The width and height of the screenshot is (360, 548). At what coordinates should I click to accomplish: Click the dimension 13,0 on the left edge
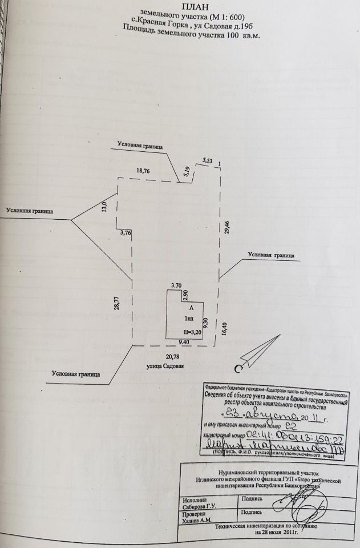tap(105, 204)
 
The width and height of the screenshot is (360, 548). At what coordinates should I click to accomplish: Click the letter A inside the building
tap(191, 308)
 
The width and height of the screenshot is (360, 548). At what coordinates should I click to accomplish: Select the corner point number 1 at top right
tap(220, 164)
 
